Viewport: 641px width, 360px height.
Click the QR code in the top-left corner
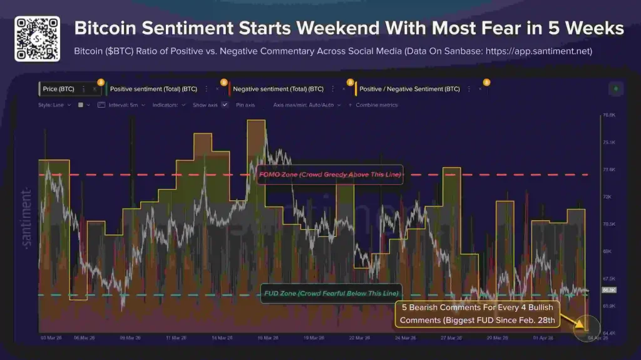tap(37, 39)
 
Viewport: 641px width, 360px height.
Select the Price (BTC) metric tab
tap(58, 90)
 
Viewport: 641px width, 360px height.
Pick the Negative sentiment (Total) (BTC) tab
tap(278, 90)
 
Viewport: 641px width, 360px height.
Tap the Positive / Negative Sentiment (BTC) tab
tap(409, 90)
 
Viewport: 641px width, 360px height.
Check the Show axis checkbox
tap(225, 105)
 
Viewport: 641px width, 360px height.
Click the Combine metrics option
tap(376, 105)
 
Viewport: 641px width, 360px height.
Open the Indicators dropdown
tap(168, 105)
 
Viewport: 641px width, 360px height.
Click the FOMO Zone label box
tap(329, 175)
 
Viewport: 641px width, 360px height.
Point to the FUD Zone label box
tap(330, 294)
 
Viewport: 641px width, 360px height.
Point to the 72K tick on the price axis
tap(606, 197)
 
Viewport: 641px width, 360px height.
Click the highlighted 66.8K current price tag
tap(608, 291)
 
